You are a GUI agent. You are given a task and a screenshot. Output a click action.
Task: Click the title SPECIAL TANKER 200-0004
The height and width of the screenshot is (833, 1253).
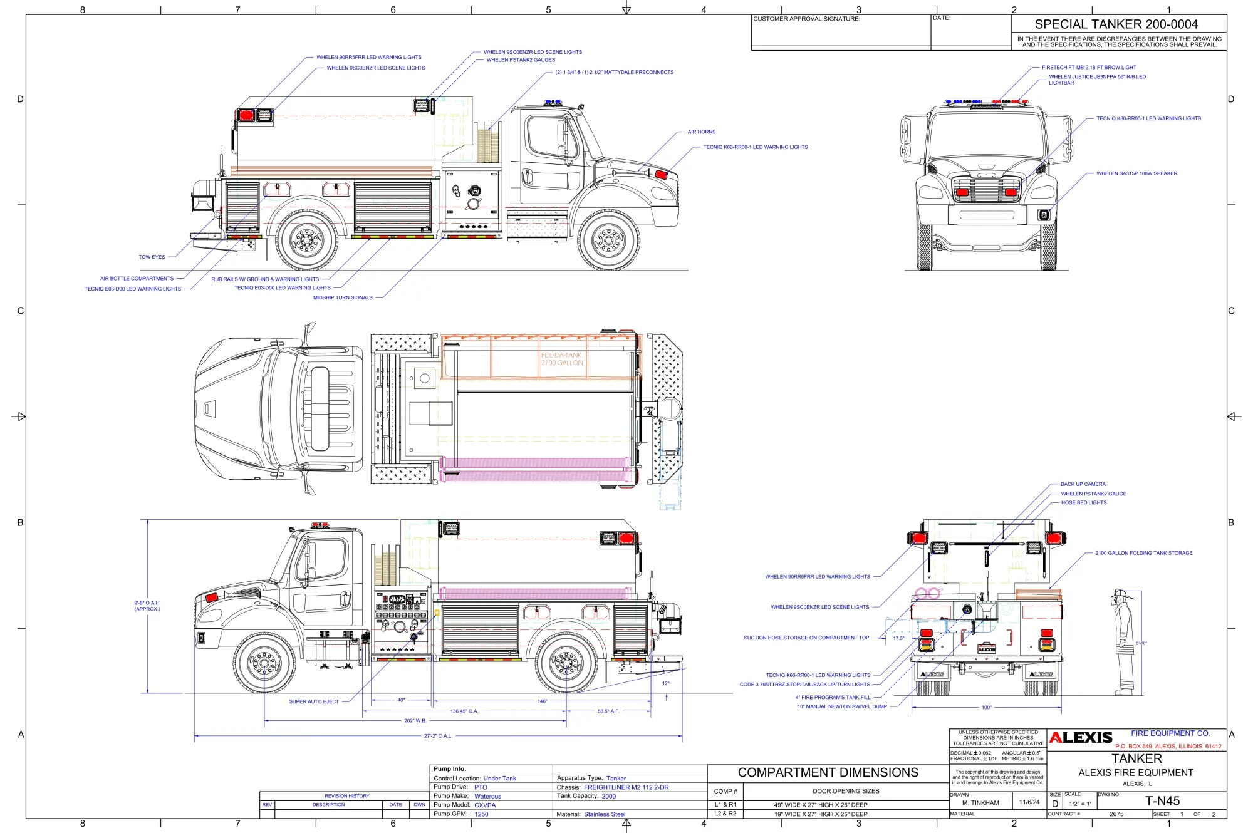coord(1116,24)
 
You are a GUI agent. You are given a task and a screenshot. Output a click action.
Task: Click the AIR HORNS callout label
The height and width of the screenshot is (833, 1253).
coord(701,132)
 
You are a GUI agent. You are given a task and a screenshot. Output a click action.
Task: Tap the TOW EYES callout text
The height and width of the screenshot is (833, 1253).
coord(152,257)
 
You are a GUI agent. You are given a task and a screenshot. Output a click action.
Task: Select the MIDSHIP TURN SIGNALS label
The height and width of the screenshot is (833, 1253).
coord(343,298)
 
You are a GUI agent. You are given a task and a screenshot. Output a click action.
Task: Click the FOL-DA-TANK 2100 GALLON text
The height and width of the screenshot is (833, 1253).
coord(561,359)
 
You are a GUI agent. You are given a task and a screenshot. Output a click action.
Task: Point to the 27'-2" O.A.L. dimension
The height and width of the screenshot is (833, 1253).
coord(438,736)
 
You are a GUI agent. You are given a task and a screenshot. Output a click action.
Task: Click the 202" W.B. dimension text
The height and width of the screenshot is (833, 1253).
coord(415,721)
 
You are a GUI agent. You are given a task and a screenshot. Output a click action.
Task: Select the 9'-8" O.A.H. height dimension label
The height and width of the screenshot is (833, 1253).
coord(147,606)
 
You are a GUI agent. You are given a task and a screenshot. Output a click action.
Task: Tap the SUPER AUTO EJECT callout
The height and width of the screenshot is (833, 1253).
coord(313,702)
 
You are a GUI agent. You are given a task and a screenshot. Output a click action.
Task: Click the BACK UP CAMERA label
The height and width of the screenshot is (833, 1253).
coord(1083,484)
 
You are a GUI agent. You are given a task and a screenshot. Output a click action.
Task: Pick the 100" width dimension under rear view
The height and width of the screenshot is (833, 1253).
coord(986,708)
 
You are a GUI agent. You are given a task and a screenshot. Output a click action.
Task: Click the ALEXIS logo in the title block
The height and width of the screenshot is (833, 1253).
coord(1081,738)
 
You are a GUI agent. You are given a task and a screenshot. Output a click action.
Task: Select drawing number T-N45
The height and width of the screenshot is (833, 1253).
coord(1162,801)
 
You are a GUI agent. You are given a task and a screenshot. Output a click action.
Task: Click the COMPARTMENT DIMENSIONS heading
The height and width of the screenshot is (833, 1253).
coord(828,773)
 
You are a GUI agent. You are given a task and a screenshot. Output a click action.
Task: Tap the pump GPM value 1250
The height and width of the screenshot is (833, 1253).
coord(481,814)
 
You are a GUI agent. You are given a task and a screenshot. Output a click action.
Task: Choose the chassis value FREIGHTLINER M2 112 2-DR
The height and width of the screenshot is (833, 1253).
coord(626,787)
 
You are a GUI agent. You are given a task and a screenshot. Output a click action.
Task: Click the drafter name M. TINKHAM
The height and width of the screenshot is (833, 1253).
coord(980,803)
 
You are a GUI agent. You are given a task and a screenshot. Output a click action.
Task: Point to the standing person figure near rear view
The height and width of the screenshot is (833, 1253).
coord(1123,642)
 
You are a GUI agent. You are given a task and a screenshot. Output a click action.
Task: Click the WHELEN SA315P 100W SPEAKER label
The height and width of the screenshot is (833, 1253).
coord(1136,173)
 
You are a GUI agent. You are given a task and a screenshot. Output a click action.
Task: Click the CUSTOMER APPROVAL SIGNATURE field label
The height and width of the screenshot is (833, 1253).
coord(806,19)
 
